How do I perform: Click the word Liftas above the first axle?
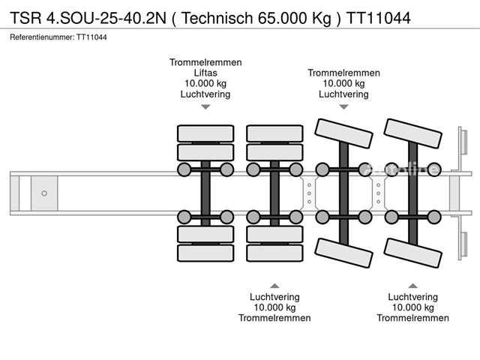coord(205,73)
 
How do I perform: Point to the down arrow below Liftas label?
coord(205,107)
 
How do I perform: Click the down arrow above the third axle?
coord(343,107)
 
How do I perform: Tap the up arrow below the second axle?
coord(274,286)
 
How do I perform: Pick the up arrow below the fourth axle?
coord(412,286)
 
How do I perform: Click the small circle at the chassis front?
coord(44,193)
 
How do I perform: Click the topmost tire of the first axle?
coord(205,134)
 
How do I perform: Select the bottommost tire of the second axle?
coord(274,253)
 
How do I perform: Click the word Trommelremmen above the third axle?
coord(343,73)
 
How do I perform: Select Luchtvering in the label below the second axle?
coord(274,297)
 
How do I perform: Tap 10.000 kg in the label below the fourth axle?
coord(412,307)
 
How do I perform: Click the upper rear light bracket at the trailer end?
coord(463,142)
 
